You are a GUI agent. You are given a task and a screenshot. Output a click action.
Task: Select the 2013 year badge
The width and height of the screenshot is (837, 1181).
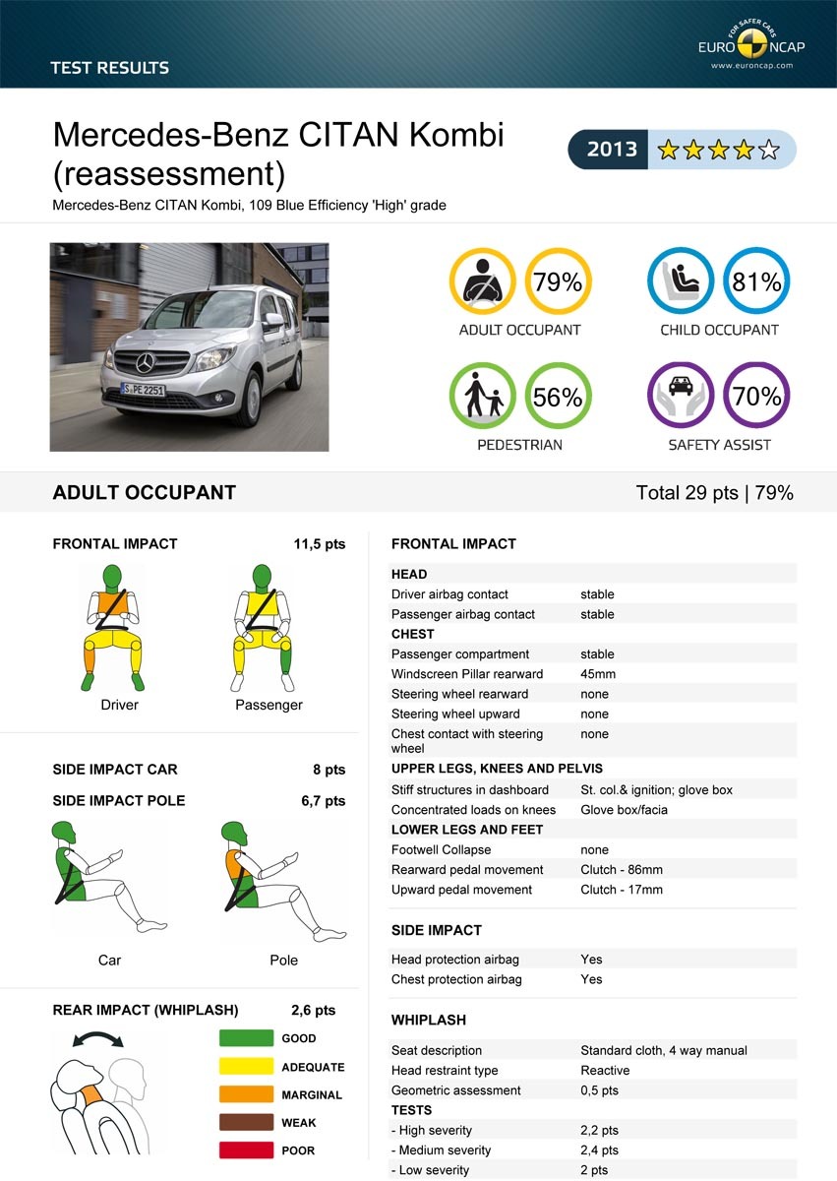click(612, 150)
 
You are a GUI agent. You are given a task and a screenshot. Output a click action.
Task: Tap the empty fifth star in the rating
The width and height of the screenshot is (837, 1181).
click(769, 150)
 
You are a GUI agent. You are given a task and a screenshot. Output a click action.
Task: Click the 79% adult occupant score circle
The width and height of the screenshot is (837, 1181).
click(558, 281)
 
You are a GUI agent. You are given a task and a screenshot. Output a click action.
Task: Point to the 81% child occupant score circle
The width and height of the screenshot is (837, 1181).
click(756, 281)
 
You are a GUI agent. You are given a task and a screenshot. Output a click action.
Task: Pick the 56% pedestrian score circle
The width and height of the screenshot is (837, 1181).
click(558, 397)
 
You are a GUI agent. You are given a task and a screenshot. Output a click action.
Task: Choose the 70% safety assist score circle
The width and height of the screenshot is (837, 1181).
click(756, 397)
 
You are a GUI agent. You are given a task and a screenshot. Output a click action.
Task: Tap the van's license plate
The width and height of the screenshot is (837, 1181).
click(144, 391)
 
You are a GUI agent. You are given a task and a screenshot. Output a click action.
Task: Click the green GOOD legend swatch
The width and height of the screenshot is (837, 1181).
click(246, 1038)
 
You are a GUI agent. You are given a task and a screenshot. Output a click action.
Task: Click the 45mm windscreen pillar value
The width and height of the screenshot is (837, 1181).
click(598, 674)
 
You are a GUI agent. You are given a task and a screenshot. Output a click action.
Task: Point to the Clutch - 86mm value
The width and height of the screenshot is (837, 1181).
click(622, 870)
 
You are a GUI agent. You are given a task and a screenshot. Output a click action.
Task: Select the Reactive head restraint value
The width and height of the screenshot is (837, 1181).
click(605, 1071)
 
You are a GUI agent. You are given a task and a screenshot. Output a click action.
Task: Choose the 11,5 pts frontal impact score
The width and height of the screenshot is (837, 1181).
click(320, 543)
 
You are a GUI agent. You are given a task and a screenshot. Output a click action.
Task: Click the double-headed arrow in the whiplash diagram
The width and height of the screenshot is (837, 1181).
click(97, 1037)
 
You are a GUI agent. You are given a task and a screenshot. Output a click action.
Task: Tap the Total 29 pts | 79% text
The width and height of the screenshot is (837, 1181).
click(714, 493)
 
